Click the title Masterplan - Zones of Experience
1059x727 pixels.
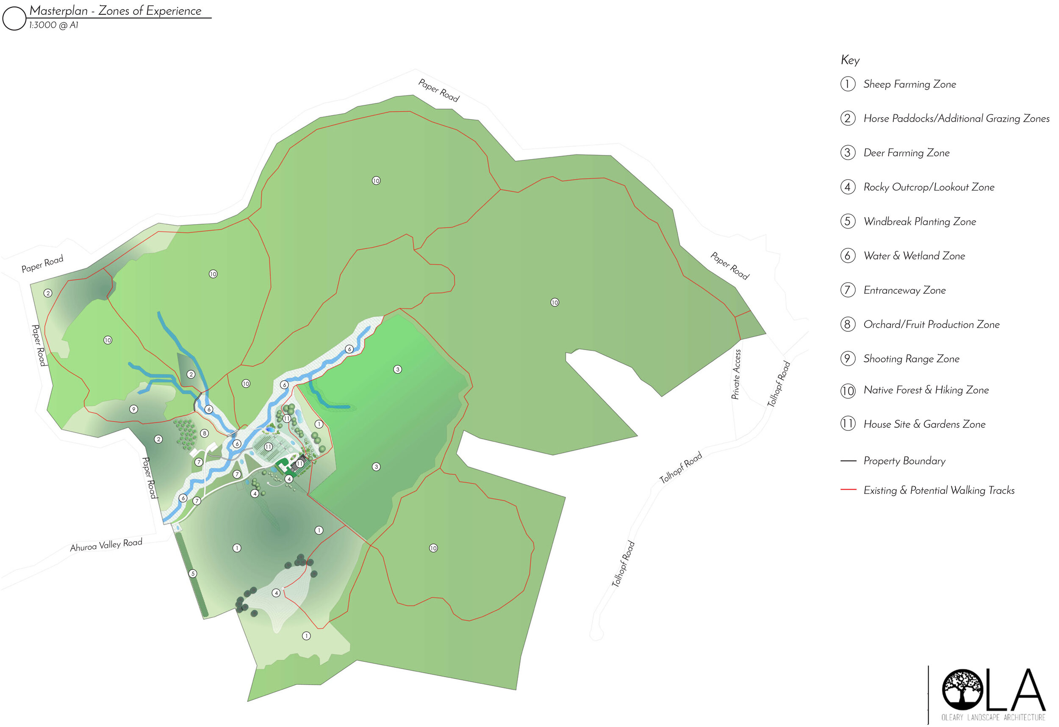(x=115, y=11)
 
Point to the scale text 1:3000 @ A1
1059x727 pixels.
(x=53, y=25)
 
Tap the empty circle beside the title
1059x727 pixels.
(x=14, y=18)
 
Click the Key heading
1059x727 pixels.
(x=850, y=60)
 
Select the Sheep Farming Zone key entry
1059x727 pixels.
(x=909, y=84)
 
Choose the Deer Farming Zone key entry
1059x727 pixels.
(x=906, y=153)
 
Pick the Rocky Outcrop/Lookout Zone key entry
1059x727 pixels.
(x=928, y=187)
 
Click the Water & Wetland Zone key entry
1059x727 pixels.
(x=914, y=256)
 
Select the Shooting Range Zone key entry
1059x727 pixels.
(x=911, y=359)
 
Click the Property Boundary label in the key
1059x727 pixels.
(x=904, y=461)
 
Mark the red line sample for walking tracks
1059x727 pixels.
(x=848, y=490)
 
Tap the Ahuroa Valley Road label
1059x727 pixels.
(x=106, y=545)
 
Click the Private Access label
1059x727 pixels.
(x=736, y=375)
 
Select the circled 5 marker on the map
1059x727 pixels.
(x=193, y=573)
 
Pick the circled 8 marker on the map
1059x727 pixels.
(x=205, y=433)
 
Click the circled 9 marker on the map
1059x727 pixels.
(x=133, y=409)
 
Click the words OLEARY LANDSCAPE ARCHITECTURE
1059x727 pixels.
(x=993, y=717)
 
